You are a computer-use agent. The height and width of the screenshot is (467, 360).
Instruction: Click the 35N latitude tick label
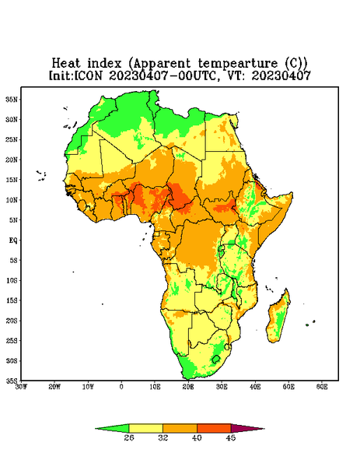12,99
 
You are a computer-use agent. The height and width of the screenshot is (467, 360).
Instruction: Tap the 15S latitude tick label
12,300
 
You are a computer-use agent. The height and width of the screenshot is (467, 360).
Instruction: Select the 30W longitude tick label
22,387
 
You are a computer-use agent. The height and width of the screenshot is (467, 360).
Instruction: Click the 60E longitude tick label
322,387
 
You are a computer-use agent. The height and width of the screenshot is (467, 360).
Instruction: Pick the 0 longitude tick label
121,387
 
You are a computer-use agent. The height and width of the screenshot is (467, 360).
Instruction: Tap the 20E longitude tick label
188,387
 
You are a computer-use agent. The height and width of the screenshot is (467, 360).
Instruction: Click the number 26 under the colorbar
129,437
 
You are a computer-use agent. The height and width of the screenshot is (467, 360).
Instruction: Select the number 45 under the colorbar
231,437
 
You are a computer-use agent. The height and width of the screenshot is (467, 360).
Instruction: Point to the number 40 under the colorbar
197,437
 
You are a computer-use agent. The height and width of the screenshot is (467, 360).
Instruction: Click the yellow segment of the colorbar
145,428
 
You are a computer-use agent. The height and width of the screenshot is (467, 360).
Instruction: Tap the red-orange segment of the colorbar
214,428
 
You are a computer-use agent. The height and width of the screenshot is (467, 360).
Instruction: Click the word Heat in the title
66,64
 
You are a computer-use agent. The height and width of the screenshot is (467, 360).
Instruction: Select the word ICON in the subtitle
88,75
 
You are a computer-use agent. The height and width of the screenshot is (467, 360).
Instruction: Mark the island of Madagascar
278,318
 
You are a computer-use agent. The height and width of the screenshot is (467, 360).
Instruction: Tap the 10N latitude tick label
12,200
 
